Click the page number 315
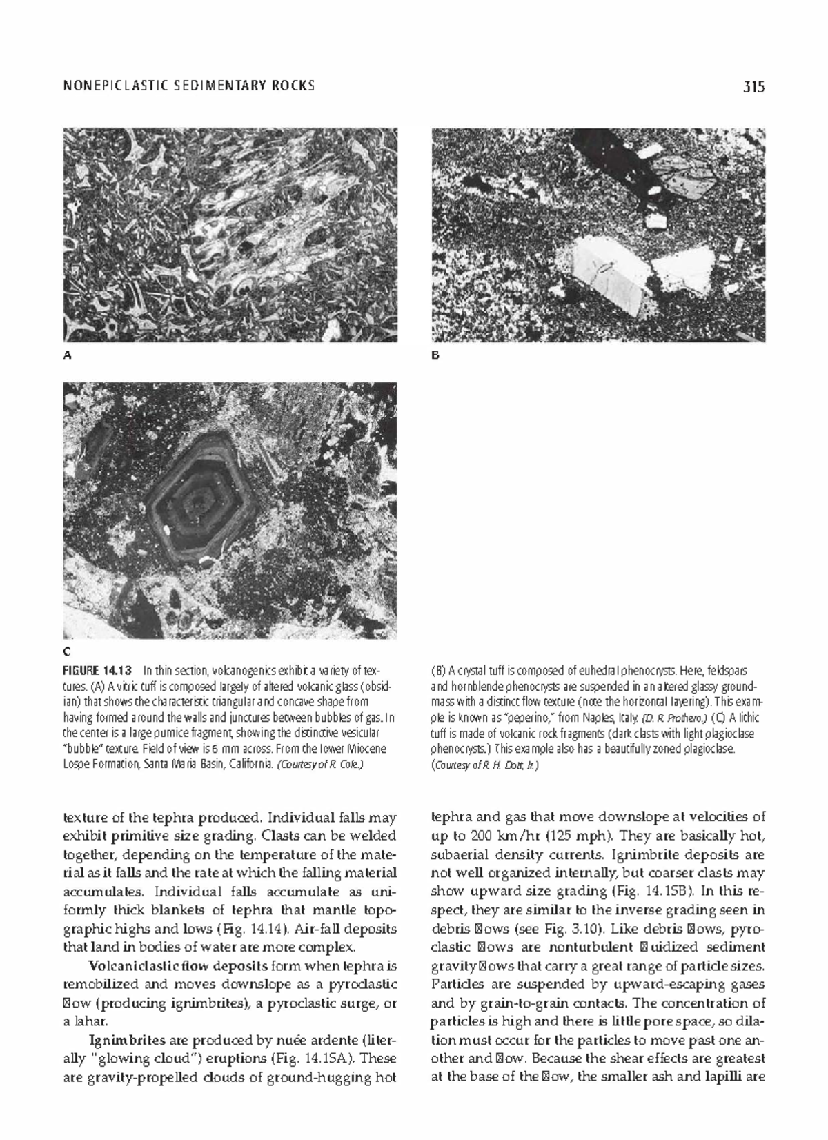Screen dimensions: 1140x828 pyautogui.click(x=754, y=87)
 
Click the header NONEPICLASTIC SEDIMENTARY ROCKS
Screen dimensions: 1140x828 pyautogui.click(x=188, y=86)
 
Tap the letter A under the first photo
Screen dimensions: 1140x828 pyautogui.click(x=67, y=356)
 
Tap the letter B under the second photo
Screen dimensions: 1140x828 pyautogui.click(x=435, y=356)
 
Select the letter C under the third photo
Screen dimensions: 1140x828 pyautogui.click(x=67, y=651)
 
